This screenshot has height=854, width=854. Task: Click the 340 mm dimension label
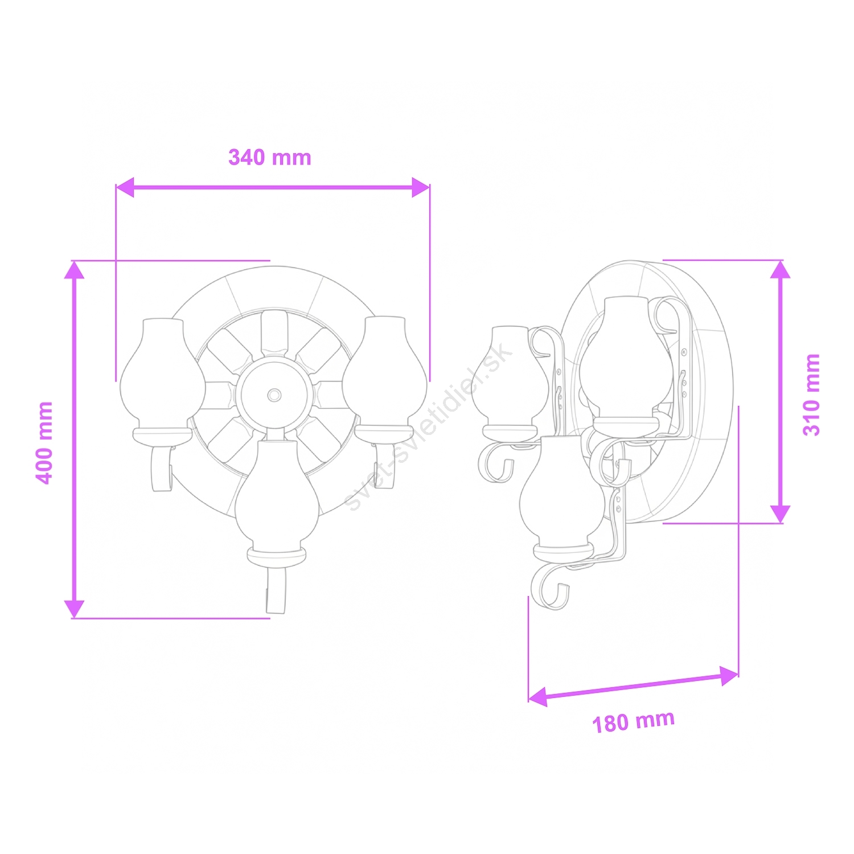click(270, 157)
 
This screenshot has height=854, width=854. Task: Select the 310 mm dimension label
click(811, 395)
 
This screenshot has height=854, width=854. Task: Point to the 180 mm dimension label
click(634, 721)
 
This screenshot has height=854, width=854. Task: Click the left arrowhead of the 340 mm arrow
click(124, 187)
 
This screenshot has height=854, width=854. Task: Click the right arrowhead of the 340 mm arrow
click(421, 187)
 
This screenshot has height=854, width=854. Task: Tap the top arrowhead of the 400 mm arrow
click(74, 270)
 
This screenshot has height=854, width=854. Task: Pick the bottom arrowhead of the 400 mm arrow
click(74, 609)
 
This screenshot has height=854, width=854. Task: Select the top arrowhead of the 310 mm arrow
click(780, 269)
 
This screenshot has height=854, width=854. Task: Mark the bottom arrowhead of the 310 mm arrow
click(780, 514)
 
